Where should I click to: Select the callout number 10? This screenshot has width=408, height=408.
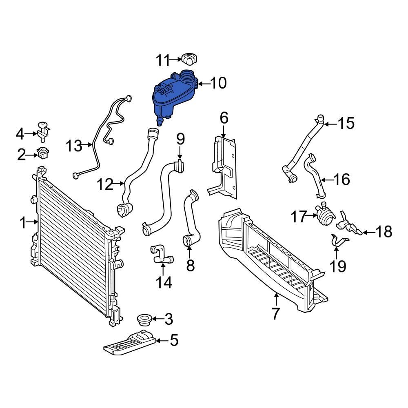click(x=218, y=83)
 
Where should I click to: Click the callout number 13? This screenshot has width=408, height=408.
click(x=74, y=145)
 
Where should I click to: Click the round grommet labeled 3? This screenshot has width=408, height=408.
click(x=144, y=319)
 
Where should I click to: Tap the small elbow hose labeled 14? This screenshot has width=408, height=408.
click(x=162, y=254)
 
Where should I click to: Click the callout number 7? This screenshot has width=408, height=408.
click(x=276, y=314)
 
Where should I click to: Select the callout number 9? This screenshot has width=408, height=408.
click(x=180, y=139)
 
